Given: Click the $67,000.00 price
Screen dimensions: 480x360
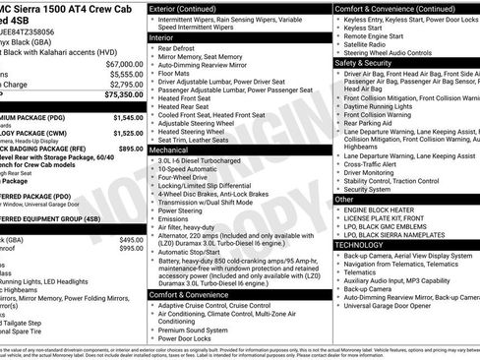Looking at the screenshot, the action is click(121, 62).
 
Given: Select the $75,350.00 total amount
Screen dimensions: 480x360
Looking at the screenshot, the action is click(121, 95).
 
